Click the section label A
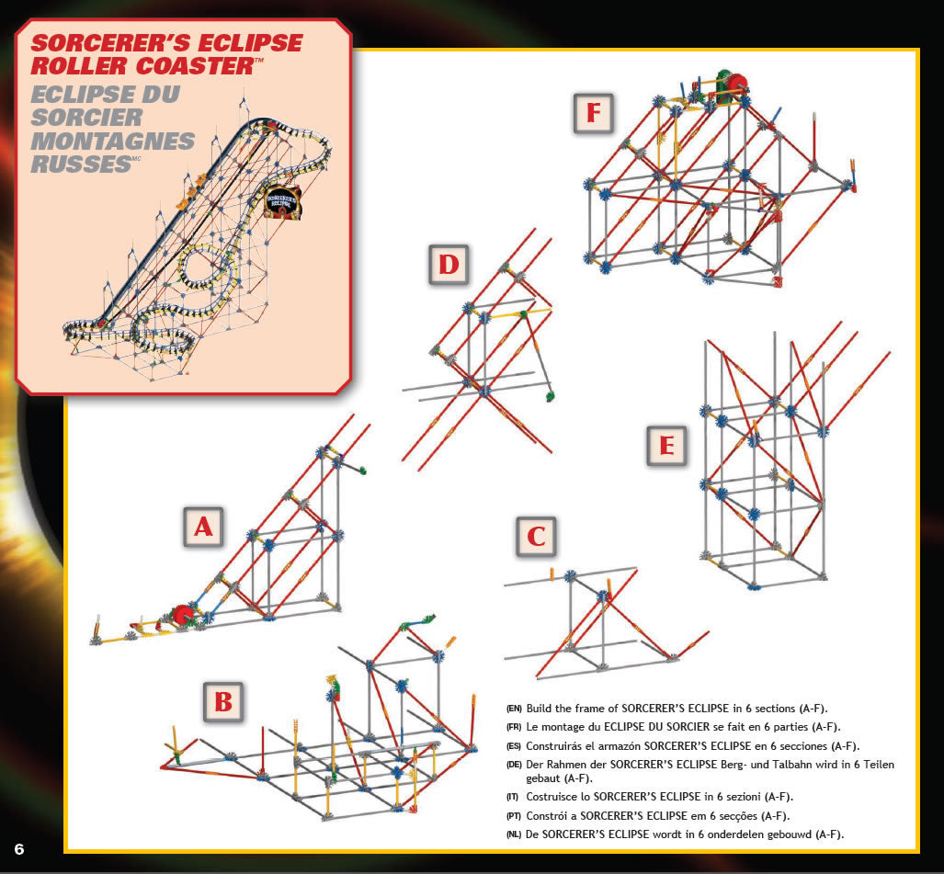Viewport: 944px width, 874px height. [x=202, y=527]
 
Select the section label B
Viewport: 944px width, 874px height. [x=223, y=702]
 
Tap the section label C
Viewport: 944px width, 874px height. [x=536, y=537]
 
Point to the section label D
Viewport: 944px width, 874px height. [x=449, y=265]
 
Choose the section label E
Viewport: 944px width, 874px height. [x=666, y=447]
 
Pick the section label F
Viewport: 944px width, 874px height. [x=593, y=113]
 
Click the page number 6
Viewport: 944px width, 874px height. [x=18, y=846]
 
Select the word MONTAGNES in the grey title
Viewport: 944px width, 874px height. [x=112, y=142]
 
